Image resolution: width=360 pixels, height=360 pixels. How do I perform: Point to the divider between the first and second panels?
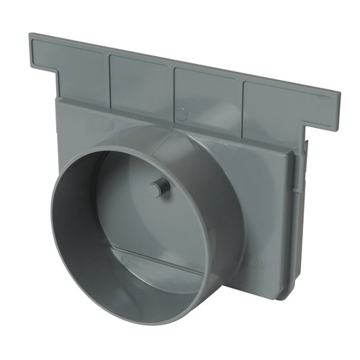coord(109,76)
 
